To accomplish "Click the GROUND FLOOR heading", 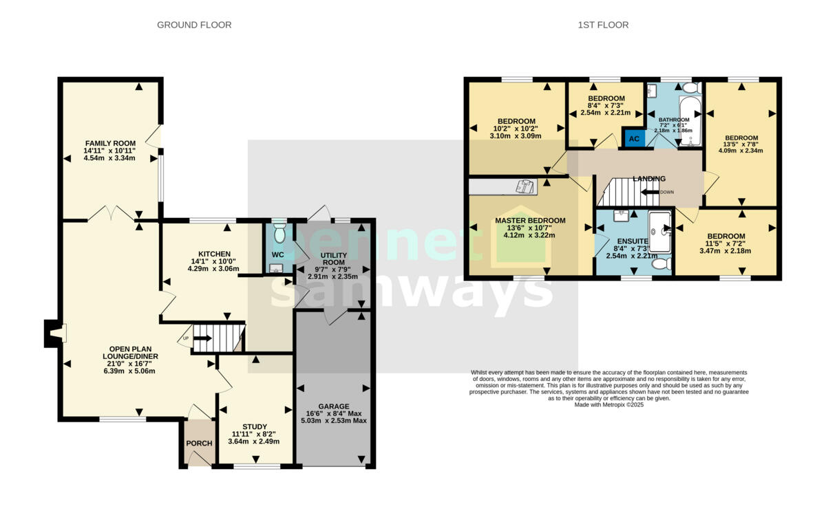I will (194, 25).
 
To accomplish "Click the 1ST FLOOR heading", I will (602, 25).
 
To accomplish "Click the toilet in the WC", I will (279, 234).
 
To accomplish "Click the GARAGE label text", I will (333, 406).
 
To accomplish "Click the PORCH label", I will (199, 443).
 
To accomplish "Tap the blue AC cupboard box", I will (634, 138).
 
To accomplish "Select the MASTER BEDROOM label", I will (530, 221).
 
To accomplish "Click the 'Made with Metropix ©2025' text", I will (608, 405).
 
